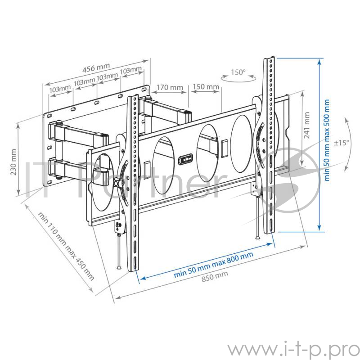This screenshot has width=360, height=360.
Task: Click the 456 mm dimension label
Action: pyautogui.click(x=97, y=69)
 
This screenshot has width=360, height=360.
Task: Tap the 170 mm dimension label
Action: pyautogui.click(x=170, y=87)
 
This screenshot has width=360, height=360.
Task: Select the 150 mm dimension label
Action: pyautogui.click(x=206, y=86)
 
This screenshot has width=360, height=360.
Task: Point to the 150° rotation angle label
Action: pyautogui.click(x=238, y=72)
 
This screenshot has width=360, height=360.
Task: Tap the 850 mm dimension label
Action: pyautogui.click(x=214, y=276)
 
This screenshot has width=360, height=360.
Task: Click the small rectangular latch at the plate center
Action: pyautogui.click(x=186, y=159)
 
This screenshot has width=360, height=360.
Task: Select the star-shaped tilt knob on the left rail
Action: pyautogui.click(x=118, y=182)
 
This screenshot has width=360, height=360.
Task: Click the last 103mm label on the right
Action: pyautogui.click(x=131, y=71)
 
